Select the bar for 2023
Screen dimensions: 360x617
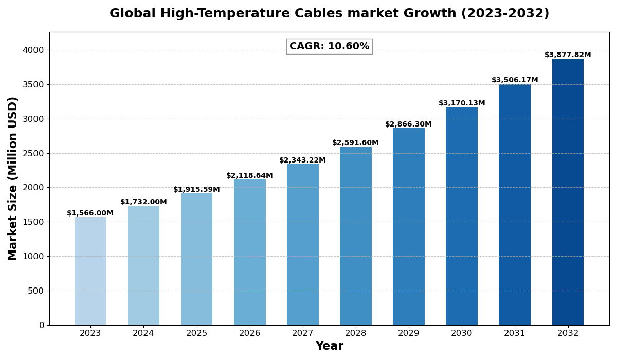coord(90,271)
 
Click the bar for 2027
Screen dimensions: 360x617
coord(303,244)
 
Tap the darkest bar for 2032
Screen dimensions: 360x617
coord(568,192)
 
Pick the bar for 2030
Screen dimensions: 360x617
coord(462,216)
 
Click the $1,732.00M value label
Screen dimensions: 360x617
coord(143,202)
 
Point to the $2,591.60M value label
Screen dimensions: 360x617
coord(355,143)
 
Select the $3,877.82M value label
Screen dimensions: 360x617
coord(568,55)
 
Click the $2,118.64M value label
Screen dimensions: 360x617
coord(249,176)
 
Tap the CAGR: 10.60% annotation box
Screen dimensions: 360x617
coord(329,46)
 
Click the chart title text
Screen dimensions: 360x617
coord(329,14)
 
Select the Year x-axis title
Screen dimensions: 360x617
coord(329,346)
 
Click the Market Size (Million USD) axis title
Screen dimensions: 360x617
coord(13,178)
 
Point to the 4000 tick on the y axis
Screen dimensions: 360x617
coord(33,50)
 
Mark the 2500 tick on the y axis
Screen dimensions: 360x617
coord(33,153)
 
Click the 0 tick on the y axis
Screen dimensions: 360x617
coord(42,325)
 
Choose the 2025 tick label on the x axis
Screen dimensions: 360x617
coord(196,333)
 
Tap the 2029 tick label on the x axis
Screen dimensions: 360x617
coord(409,333)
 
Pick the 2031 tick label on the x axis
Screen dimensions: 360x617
coord(515,333)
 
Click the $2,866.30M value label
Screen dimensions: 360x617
coord(408,124)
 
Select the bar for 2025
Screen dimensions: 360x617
coord(196,259)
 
